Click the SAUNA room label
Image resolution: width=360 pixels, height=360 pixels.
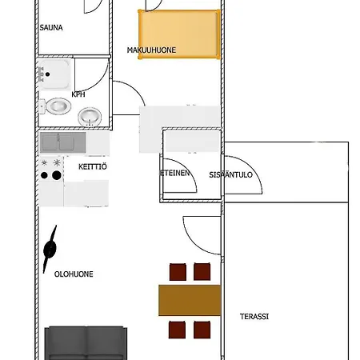tap(51, 27)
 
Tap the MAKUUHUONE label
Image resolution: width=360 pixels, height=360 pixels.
tap(151, 50)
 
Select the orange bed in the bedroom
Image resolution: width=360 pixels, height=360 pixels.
tap(179, 34)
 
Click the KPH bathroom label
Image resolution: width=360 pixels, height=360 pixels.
tap(78, 94)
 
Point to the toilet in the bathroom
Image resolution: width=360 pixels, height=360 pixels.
tap(55, 106)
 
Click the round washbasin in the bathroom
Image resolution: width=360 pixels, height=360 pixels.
tap(90, 117)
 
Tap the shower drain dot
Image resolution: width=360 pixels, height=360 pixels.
tap(47, 74)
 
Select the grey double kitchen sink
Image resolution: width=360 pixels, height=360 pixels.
tap(63, 142)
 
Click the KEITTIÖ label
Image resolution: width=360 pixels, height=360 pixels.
tap(93, 166)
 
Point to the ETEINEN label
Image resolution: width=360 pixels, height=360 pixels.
tap(174, 173)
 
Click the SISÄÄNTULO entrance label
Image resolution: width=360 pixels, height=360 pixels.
tap(230, 175)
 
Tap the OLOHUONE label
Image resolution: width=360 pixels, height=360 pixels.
tap(74, 274)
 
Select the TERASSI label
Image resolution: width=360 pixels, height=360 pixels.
tap(254, 317)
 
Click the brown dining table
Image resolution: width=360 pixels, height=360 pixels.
tap(190, 300)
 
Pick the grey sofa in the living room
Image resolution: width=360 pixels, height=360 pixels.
tap(86, 343)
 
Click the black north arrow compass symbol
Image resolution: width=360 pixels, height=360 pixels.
tap(50, 249)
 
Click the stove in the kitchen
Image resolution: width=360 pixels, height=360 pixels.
tap(51, 169)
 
